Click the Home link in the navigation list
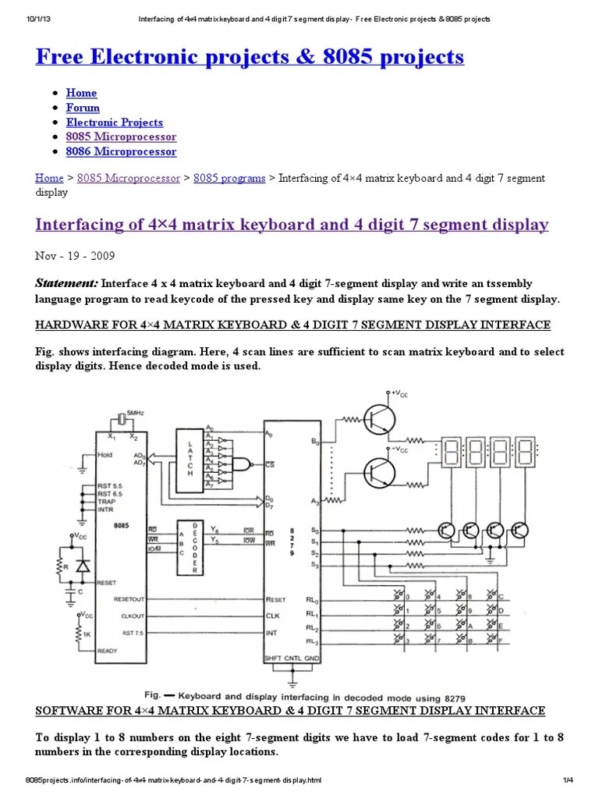tap(81, 93)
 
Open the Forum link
tap(83, 108)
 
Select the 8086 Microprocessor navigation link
tap(121, 151)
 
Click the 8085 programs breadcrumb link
tap(229, 178)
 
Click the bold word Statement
tap(66, 282)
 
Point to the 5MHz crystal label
tap(135, 412)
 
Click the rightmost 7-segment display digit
tap(524, 453)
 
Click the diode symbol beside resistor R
tap(82, 566)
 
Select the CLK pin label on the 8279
tap(273, 616)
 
